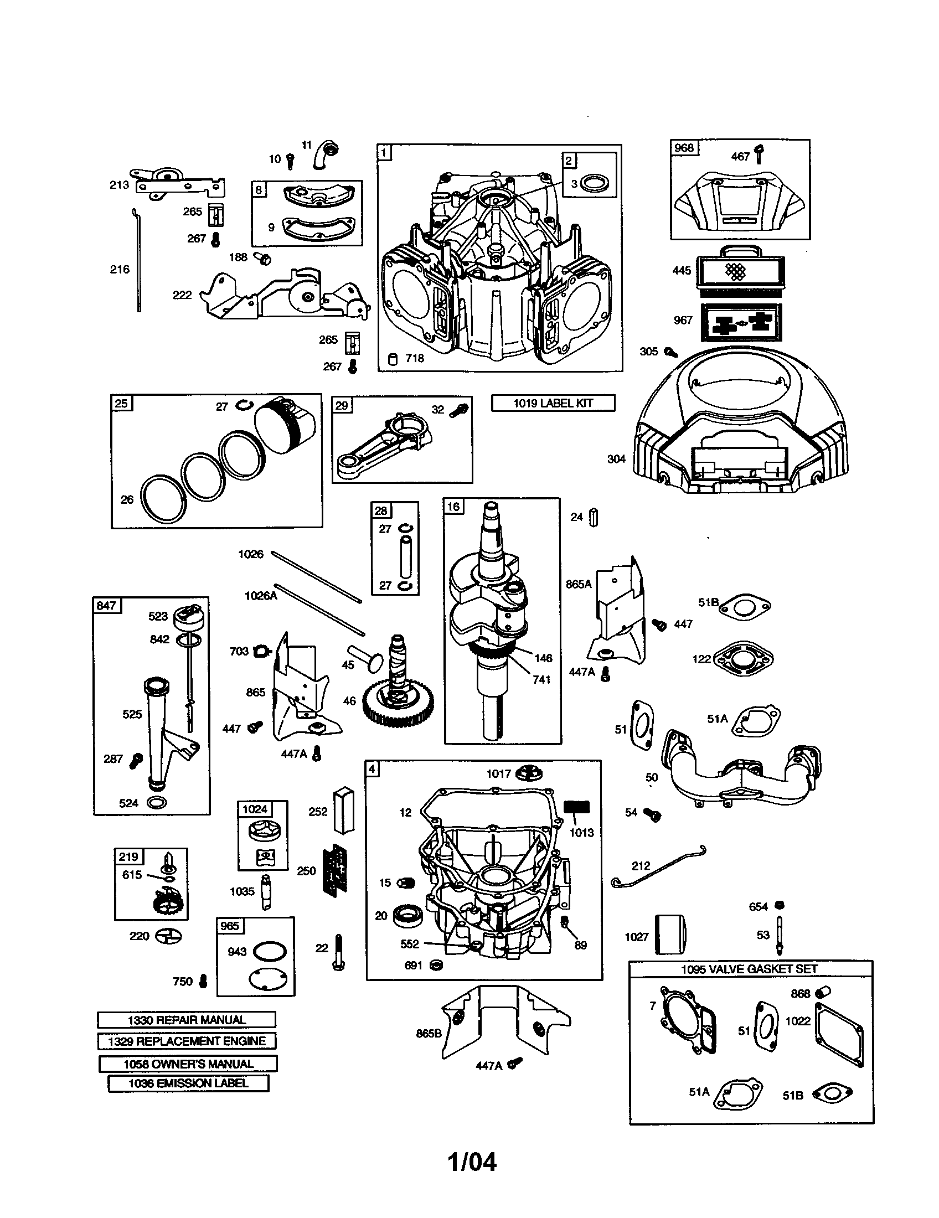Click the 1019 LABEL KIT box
click(553, 403)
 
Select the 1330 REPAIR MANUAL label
click(186, 1020)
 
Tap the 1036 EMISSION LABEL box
click(188, 1083)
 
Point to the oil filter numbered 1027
click(670, 936)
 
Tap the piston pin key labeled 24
click(594, 518)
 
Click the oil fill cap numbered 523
click(188, 616)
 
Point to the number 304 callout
click(616, 459)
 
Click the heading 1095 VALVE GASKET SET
click(750, 969)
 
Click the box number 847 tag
click(106, 605)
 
